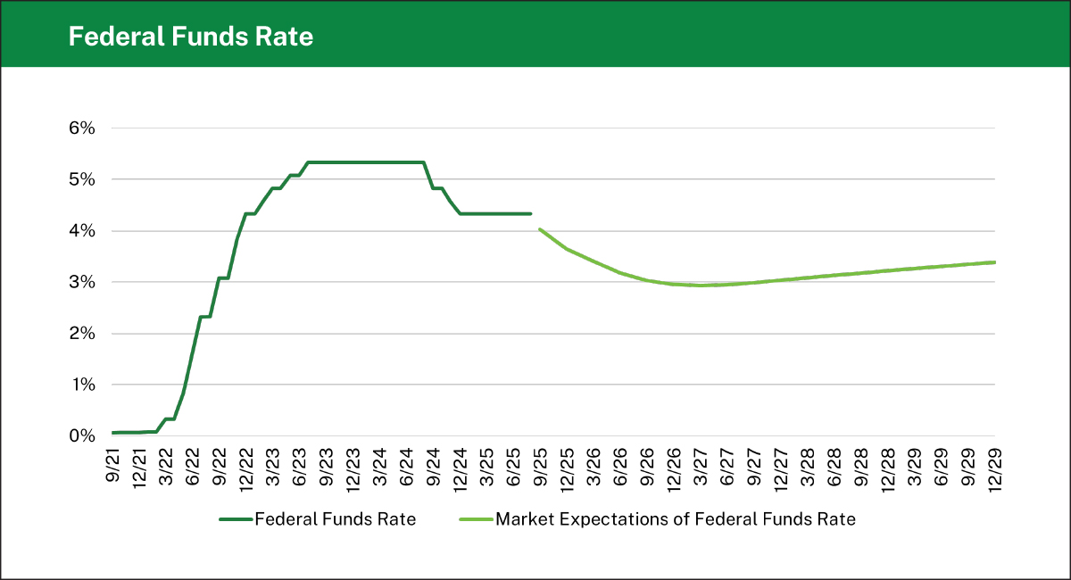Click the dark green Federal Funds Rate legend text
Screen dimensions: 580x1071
pos(335,519)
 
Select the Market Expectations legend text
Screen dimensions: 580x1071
pos(675,519)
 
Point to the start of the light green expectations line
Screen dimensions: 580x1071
pos(539,229)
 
